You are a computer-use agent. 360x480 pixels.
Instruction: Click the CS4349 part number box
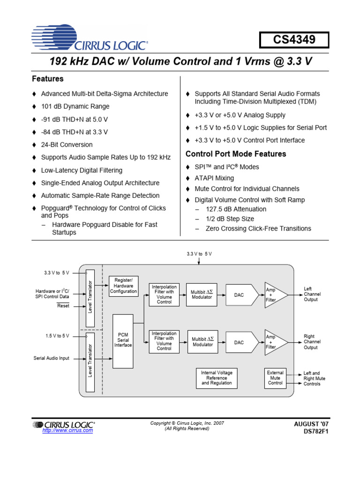294,40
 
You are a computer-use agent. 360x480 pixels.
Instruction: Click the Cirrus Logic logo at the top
90,38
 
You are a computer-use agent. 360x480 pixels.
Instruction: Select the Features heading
47,79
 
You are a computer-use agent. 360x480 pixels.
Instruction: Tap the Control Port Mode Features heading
236,154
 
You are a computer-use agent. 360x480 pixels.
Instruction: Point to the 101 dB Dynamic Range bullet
75,106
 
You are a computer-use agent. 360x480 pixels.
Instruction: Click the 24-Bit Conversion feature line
67,145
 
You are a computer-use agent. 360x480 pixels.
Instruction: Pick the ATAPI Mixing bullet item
214,178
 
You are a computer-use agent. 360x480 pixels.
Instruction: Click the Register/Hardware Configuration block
123,285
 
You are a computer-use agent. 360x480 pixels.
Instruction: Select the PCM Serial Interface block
123,340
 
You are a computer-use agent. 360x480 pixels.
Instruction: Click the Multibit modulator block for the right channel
202,342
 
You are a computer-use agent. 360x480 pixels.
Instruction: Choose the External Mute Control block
275,378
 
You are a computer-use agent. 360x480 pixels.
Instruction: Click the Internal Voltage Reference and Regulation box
217,378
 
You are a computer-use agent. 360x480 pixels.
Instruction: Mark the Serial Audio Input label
51,358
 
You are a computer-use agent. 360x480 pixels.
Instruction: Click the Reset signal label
63,306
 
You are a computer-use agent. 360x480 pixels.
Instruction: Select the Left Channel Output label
312,294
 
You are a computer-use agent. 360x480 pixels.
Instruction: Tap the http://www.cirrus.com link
67,430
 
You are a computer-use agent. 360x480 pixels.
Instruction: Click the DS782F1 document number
316,432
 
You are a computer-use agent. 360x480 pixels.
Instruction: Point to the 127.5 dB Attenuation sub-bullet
236,209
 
